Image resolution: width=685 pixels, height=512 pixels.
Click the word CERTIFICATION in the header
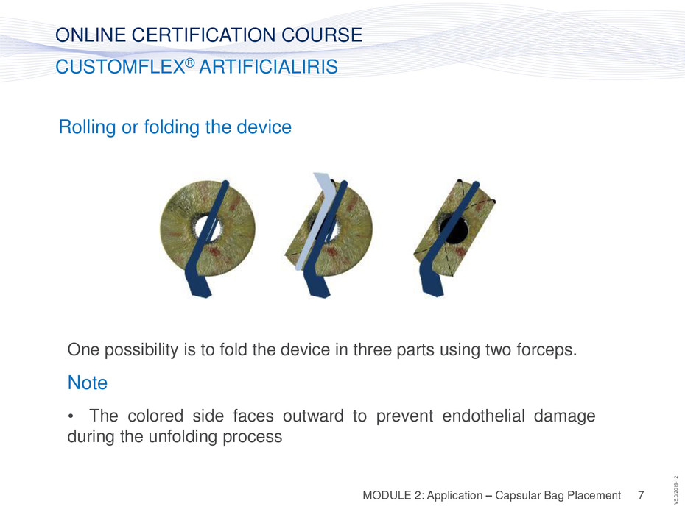[x=203, y=35]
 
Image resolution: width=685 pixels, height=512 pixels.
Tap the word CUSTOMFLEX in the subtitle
[x=120, y=67]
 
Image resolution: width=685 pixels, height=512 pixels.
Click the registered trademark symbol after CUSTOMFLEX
[x=189, y=63]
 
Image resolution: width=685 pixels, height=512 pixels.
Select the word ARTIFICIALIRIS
[x=268, y=67]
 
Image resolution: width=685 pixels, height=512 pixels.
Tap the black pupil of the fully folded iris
[x=454, y=230]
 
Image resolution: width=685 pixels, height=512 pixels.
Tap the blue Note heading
[x=88, y=383]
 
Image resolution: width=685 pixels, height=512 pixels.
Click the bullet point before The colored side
[x=71, y=416]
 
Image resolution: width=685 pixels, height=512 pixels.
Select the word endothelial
[x=483, y=416]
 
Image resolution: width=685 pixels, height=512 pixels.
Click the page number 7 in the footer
[x=641, y=495]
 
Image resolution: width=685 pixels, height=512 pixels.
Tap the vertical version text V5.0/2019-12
[x=676, y=490]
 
